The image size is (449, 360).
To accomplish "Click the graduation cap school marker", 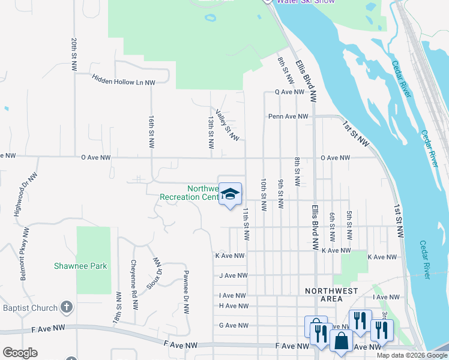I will point(230,194).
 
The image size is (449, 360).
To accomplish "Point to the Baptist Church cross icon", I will point(67,308).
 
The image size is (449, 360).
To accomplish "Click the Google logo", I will point(20,353).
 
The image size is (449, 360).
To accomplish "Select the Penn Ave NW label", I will point(288,116).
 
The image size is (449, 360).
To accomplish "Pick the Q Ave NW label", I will point(291,92).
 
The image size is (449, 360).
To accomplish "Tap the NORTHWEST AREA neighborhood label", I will point(340,295).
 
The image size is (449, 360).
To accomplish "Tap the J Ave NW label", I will point(234,276).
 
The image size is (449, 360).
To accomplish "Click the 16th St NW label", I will point(151,134).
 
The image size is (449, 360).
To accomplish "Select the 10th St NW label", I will point(263,194).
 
